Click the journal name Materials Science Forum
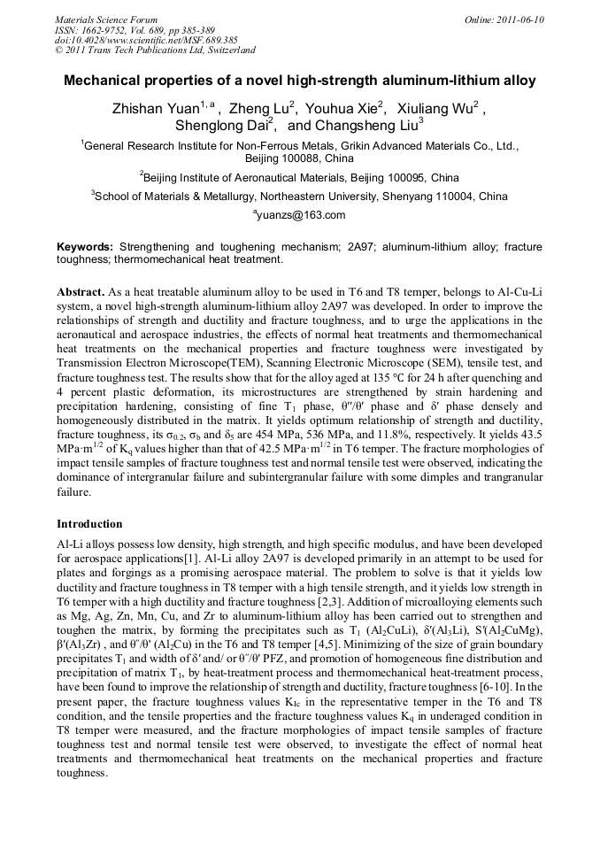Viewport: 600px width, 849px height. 106,19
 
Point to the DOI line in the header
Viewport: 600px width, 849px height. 146,41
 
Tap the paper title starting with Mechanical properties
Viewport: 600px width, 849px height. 300,81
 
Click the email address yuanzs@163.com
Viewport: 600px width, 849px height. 301,214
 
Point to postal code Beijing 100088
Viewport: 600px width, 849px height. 299,159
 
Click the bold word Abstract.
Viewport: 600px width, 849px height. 81,291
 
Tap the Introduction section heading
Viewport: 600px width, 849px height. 89,523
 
